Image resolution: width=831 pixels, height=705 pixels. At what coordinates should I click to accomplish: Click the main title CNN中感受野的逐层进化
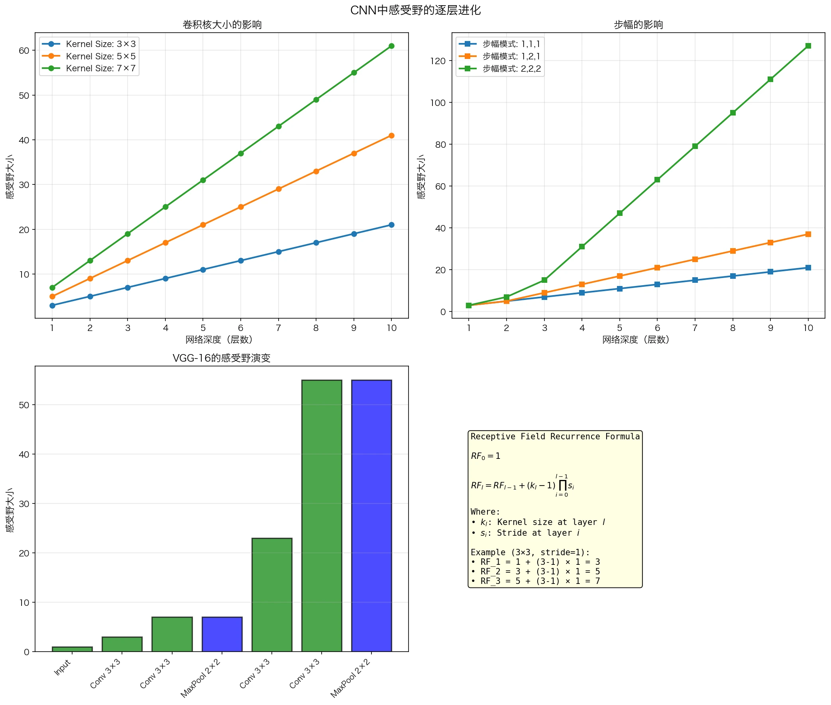click(415, 10)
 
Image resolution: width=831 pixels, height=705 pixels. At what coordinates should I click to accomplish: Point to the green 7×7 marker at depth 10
click(391, 46)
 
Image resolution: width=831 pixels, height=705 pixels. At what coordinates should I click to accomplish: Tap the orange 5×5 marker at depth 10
click(391, 135)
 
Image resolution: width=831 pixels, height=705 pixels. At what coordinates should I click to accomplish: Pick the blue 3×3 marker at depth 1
click(52, 305)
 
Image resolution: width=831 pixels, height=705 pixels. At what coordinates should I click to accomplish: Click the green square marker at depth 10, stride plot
click(808, 46)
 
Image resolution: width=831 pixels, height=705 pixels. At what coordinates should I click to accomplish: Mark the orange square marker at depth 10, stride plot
click(808, 234)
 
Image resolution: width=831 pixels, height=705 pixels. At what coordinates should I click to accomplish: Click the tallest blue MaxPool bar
click(371, 515)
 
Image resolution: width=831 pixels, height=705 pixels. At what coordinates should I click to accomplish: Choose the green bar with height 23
click(271, 595)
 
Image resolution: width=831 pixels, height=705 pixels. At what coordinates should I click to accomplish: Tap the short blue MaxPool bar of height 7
click(222, 634)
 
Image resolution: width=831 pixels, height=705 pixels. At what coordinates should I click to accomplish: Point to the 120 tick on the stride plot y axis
click(438, 61)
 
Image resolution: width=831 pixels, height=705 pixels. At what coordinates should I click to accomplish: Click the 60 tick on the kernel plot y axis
click(24, 50)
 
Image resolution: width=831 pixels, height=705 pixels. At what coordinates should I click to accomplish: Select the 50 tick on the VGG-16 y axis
click(24, 405)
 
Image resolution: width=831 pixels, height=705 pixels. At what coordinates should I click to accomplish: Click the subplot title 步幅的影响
click(638, 25)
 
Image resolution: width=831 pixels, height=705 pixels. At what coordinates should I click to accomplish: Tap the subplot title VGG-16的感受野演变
click(222, 358)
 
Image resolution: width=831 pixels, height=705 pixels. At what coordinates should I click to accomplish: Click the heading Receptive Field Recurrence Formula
click(555, 437)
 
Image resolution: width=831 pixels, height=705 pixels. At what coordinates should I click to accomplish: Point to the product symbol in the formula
click(562, 485)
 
